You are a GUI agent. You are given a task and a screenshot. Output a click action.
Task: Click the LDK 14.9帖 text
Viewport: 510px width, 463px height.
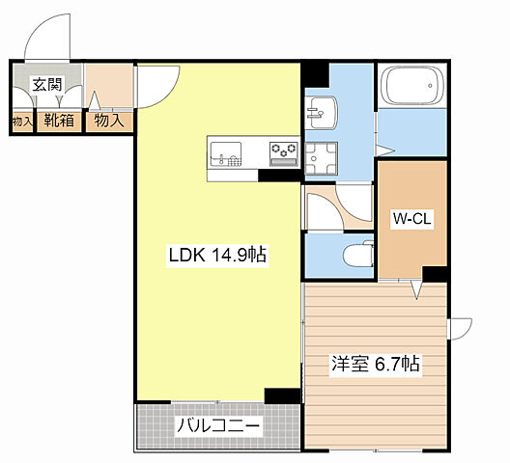tap(217, 256)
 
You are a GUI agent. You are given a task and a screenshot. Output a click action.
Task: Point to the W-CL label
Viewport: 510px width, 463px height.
tap(411, 219)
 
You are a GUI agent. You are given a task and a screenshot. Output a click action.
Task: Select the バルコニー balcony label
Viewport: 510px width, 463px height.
tap(216, 425)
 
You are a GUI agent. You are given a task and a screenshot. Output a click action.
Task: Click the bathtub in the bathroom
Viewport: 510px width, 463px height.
tap(411, 88)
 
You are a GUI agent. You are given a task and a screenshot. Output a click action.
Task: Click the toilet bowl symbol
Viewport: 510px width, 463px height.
tap(354, 254)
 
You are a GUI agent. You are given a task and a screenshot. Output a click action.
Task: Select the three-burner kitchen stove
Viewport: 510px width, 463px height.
tap(283, 150)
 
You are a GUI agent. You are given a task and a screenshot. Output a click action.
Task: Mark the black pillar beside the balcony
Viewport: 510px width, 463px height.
tap(283, 395)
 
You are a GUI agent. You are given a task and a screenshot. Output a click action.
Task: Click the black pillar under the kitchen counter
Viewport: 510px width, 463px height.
tap(281, 176)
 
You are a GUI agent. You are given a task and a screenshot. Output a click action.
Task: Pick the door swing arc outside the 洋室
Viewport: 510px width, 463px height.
tap(461, 328)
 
